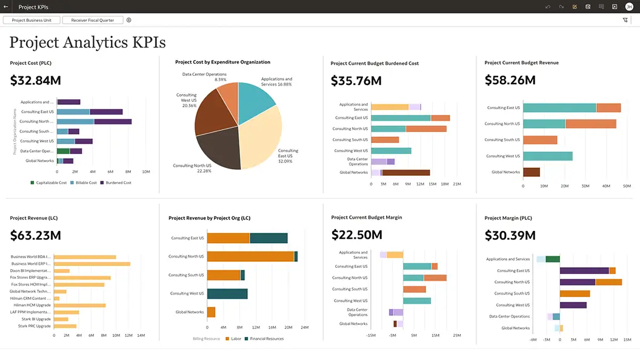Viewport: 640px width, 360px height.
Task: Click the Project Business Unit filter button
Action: point(32,20)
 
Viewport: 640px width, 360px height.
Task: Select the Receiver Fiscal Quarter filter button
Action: point(92,20)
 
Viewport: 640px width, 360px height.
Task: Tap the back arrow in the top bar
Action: point(5,7)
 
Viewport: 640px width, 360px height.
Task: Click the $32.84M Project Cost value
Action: point(36,80)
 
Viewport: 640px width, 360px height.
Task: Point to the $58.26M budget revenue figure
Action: point(510,80)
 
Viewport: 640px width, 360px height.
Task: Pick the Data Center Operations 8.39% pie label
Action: point(204,77)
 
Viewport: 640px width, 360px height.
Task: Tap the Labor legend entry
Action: point(233,339)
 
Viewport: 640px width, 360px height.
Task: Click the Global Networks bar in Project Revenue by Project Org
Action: point(211,312)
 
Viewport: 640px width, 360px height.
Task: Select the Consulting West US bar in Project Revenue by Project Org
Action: point(227,293)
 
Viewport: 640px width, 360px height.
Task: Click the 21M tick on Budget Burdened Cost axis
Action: point(457,184)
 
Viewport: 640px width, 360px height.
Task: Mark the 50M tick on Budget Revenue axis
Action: point(622,186)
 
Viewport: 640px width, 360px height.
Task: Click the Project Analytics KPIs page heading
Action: point(87,42)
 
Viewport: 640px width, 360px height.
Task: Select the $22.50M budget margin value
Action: point(357,235)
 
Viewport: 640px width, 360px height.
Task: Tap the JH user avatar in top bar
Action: point(628,7)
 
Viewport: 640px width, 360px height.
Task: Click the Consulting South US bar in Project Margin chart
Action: point(575,293)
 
